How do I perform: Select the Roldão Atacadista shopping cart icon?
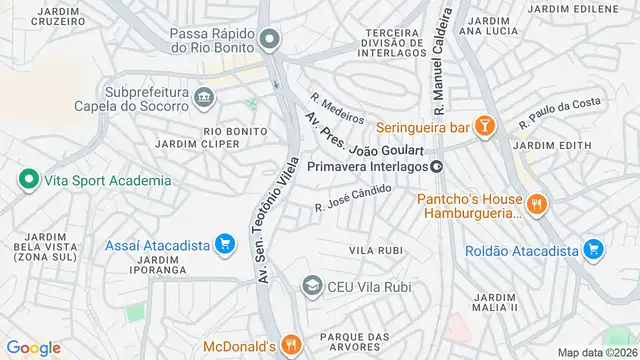click(593, 249)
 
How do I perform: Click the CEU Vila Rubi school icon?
click(312, 287)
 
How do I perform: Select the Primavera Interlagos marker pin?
click(436, 166)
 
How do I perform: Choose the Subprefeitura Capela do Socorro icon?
click(205, 97)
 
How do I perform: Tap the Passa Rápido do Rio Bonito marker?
click(268, 41)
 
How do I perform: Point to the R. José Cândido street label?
click(352, 198)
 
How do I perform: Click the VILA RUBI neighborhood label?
click(374, 249)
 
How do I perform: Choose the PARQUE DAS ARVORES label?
click(360, 342)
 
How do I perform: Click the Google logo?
click(33, 347)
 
